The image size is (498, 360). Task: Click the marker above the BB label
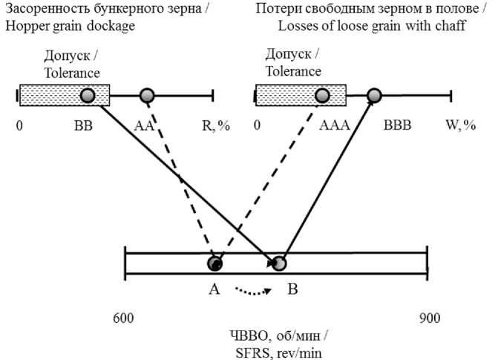pos(88,95)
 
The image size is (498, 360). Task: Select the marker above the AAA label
pos(322,95)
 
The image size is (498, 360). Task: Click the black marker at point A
pos(215,264)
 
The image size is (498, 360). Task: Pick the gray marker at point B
pos(279,264)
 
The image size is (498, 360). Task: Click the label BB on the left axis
pos(83,126)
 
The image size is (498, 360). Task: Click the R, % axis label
pos(216,126)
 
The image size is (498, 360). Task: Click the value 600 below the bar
pos(123,318)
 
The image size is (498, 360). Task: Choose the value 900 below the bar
pos(429,318)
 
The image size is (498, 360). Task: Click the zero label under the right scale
pos(258,126)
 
